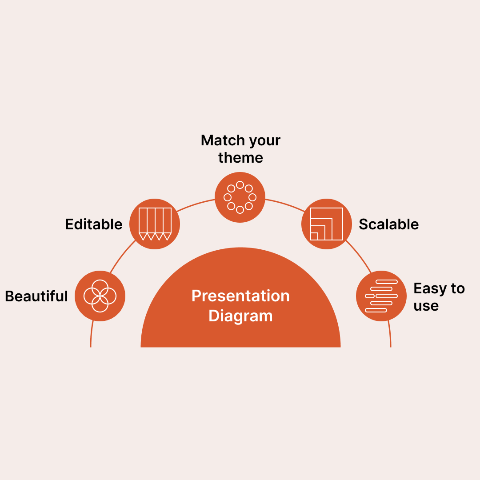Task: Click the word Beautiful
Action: click(x=36, y=296)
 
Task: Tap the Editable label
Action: click(x=94, y=224)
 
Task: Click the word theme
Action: click(x=240, y=158)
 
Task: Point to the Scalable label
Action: click(x=388, y=224)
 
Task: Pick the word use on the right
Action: click(x=426, y=306)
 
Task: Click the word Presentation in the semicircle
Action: click(x=240, y=296)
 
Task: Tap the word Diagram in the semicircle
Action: click(x=240, y=316)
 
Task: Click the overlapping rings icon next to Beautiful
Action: click(x=100, y=296)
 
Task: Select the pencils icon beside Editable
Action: click(x=155, y=224)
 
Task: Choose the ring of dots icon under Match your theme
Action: click(x=240, y=197)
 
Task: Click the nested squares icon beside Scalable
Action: click(x=327, y=224)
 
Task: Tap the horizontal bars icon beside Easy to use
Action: click(x=381, y=296)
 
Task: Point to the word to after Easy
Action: click(x=458, y=289)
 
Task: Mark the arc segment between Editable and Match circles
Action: click(x=196, y=205)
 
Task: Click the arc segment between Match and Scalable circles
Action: click(x=284, y=205)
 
